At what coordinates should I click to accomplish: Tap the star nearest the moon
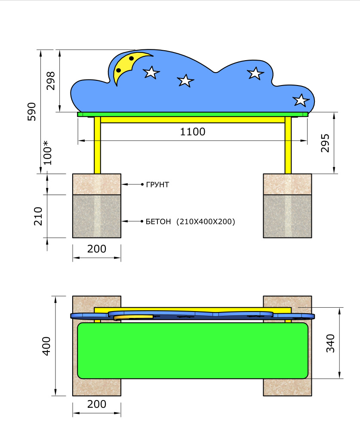[151, 72]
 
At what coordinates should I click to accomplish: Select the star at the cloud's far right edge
[301, 100]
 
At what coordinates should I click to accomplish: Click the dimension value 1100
[193, 132]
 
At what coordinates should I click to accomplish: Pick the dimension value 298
[51, 80]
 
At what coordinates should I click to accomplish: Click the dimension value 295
[325, 143]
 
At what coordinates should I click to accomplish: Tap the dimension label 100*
[48, 153]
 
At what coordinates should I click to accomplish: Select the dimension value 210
[39, 216]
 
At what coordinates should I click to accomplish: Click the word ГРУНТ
[157, 185]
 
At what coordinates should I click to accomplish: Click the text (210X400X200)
[206, 222]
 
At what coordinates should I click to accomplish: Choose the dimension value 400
[46, 345]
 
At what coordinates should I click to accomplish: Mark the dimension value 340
[331, 343]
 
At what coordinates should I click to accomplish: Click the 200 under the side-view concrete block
[97, 249]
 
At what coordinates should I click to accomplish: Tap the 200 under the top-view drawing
[97, 404]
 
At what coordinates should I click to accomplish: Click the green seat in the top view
[193, 350]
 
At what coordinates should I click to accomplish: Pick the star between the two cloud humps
[185, 80]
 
